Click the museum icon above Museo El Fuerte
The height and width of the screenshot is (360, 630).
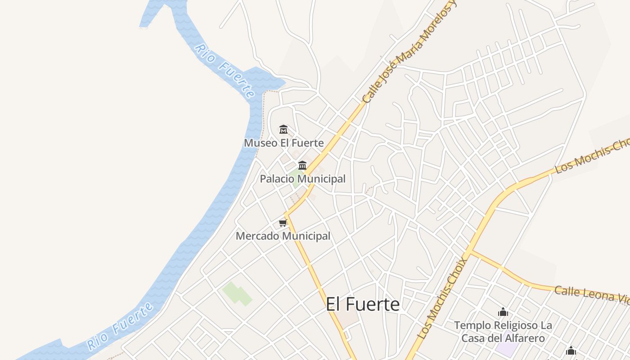click(283, 130)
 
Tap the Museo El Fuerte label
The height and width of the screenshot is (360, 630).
click(283, 143)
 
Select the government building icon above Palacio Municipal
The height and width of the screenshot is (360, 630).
click(302, 165)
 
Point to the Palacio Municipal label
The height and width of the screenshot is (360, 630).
click(302, 179)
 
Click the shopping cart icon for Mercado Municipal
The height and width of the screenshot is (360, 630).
click(283, 223)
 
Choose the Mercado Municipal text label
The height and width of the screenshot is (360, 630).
click(283, 236)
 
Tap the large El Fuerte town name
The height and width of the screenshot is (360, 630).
click(363, 304)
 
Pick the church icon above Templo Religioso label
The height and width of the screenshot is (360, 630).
click(503, 311)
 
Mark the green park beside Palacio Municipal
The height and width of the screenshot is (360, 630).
click(296, 177)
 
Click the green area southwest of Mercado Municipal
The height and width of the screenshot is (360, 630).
click(237, 293)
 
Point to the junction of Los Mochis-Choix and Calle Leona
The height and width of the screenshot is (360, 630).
click(471, 252)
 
